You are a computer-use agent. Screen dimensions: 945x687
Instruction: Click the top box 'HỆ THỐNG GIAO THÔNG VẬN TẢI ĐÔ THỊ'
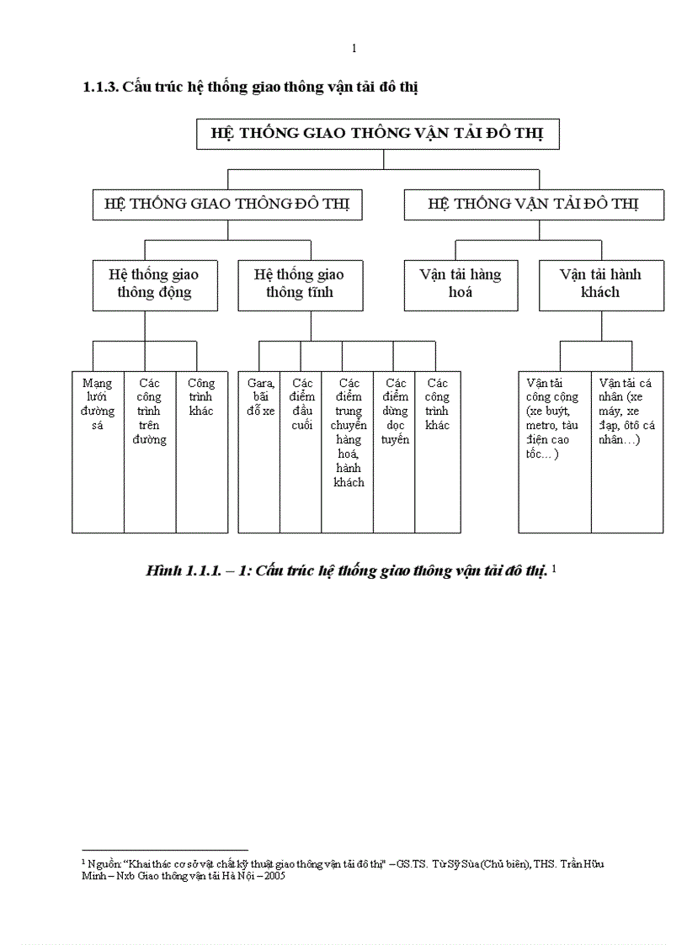point(377,135)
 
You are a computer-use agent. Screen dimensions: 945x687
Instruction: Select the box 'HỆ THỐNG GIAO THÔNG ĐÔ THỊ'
point(227,204)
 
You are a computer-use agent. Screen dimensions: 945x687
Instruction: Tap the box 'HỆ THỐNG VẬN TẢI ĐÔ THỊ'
point(534,204)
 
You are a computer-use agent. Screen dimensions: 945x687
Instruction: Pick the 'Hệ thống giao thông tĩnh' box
point(300,284)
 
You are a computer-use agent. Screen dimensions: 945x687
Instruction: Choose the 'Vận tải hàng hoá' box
point(461,284)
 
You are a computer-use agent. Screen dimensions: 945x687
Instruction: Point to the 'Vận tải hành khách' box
point(601,284)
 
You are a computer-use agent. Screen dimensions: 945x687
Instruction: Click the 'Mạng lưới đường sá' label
point(98,404)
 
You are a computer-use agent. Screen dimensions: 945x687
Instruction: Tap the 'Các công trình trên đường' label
point(150,411)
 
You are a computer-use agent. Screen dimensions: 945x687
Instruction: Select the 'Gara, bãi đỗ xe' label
point(259,397)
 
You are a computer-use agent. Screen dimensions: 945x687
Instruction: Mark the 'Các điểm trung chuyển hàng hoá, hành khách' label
point(348,433)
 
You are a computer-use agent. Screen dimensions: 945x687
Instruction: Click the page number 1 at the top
point(354,48)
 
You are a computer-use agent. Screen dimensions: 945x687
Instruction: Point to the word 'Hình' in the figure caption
point(164,571)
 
